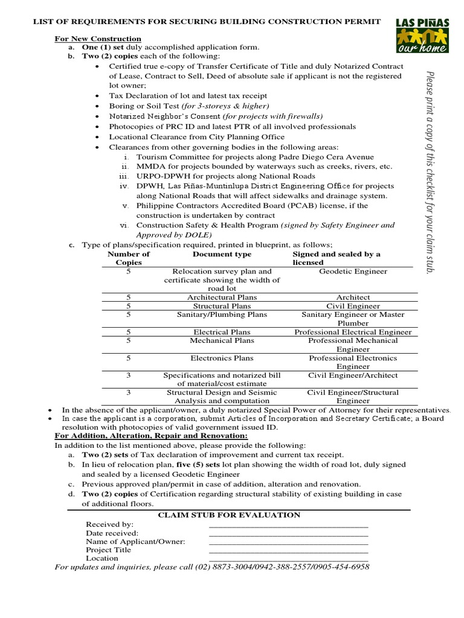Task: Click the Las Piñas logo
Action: coord(422,35)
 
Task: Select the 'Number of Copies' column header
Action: coord(128,258)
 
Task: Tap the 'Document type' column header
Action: coord(222,254)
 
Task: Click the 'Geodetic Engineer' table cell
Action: coord(353,272)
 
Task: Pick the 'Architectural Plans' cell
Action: coord(222,298)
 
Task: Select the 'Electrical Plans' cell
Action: coord(222,332)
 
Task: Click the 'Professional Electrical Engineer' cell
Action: coord(353,332)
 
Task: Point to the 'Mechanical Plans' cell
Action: coord(222,340)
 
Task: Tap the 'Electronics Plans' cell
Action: coord(222,358)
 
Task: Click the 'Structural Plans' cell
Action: coord(222,306)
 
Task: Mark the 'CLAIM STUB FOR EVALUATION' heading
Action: coord(229,515)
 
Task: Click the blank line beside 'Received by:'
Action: coord(288,525)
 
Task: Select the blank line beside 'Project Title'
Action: coord(288,550)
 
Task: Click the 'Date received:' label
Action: coord(112,533)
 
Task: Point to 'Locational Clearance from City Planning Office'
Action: coord(196,137)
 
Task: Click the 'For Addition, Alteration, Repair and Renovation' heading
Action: coord(151,436)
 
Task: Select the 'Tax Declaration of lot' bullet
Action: coord(187,95)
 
